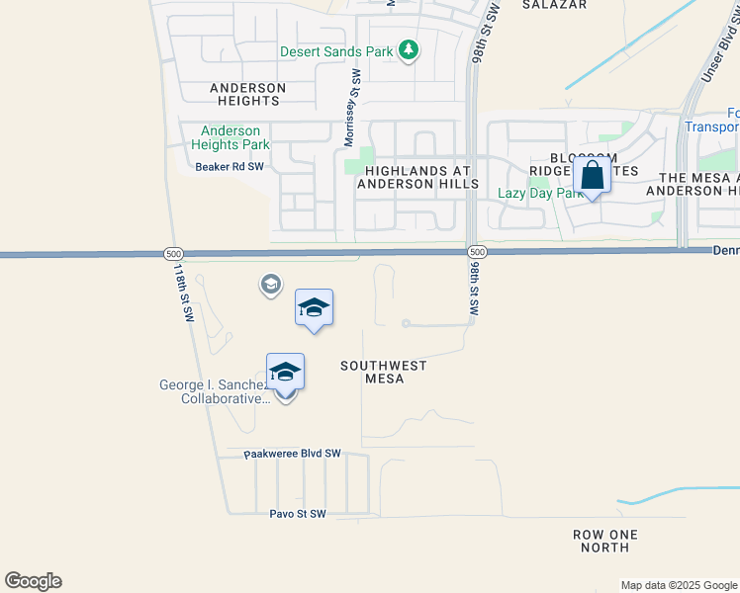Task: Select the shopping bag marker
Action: click(x=592, y=177)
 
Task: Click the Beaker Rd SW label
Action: click(x=230, y=167)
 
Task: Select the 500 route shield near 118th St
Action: click(x=173, y=254)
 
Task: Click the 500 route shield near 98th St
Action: click(x=476, y=253)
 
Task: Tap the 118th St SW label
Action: click(x=183, y=293)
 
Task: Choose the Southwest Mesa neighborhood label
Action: click(x=383, y=372)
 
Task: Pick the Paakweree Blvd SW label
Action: click(x=292, y=454)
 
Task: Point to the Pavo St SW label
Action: click(x=297, y=514)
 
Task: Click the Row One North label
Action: click(x=605, y=541)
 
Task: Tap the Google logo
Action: click(x=33, y=581)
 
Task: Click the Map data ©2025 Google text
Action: click(x=678, y=585)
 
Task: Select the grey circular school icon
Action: click(x=269, y=286)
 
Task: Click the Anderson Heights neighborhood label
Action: click(x=247, y=94)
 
